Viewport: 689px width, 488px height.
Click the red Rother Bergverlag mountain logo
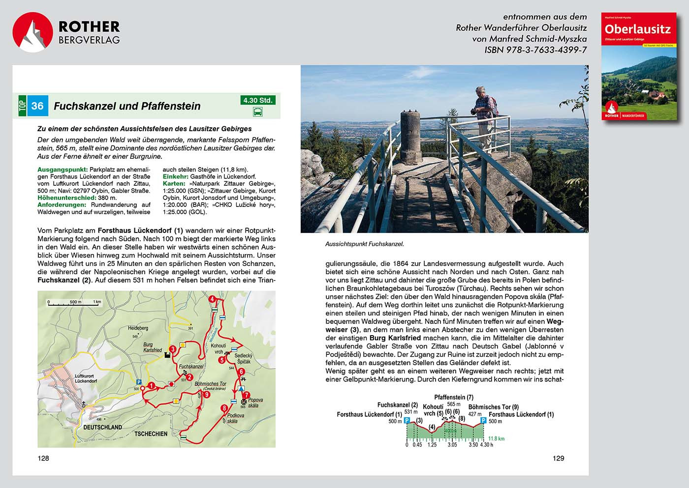coord(32,32)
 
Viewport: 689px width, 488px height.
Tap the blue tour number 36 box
coord(37,106)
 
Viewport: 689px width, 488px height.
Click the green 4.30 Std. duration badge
coord(257,100)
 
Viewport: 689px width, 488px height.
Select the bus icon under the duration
coord(257,112)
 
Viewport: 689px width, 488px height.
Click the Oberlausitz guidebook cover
coord(639,66)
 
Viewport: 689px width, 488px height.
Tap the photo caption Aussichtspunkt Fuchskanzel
coord(364,244)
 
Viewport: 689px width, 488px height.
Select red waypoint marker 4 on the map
coord(212,299)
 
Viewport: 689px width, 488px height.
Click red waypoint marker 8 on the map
coord(224,408)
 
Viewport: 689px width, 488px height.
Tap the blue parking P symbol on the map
coord(139,381)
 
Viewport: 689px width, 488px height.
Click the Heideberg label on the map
coord(138,328)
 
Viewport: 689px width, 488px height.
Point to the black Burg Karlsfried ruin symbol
coord(167,355)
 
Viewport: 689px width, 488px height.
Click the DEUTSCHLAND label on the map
coord(102,427)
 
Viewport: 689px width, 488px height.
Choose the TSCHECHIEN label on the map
coord(151,433)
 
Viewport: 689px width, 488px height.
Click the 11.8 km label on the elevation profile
coord(496,438)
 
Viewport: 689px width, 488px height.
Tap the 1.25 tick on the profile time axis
coord(432,445)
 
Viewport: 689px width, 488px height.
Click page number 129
coord(558,458)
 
